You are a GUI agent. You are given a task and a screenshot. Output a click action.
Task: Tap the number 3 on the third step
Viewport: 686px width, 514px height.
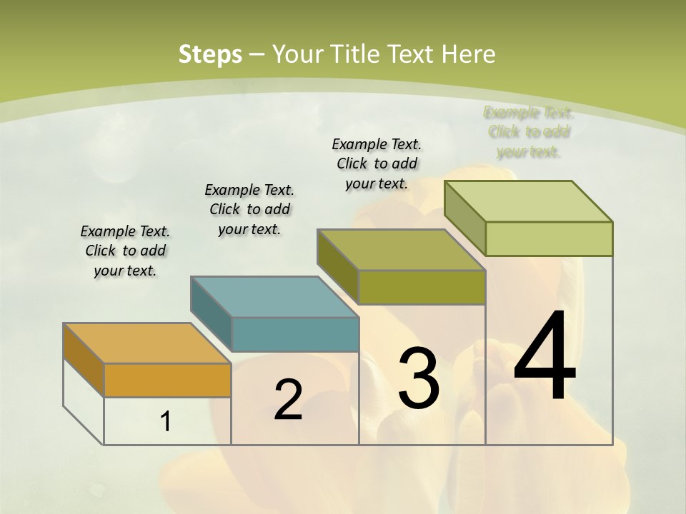(x=419, y=378)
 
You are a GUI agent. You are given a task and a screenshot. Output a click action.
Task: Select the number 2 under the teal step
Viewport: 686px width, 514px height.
(x=288, y=399)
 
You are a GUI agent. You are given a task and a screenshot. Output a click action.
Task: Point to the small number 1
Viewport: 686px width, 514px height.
(x=166, y=422)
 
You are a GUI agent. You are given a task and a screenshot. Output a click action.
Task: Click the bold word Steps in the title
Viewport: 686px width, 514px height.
(x=210, y=54)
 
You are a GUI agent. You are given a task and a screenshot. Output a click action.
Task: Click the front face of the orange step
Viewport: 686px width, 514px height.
(x=167, y=380)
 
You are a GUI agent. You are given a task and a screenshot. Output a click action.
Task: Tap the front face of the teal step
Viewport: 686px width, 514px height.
(x=295, y=334)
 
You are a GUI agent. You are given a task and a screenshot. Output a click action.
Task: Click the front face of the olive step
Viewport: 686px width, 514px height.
(x=422, y=287)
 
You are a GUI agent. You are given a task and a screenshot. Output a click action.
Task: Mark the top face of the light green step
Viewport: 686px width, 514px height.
(x=528, y=201)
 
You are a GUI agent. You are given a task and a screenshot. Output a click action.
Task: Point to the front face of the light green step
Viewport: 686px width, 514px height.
(x=549, y=238)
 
